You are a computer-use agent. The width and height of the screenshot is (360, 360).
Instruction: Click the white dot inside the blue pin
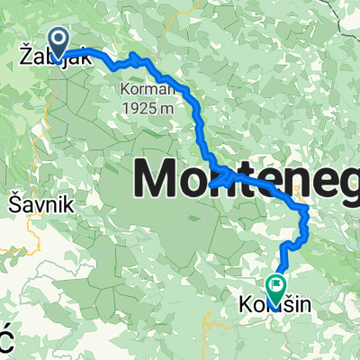60,39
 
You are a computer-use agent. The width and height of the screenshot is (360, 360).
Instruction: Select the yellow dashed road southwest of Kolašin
216,324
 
